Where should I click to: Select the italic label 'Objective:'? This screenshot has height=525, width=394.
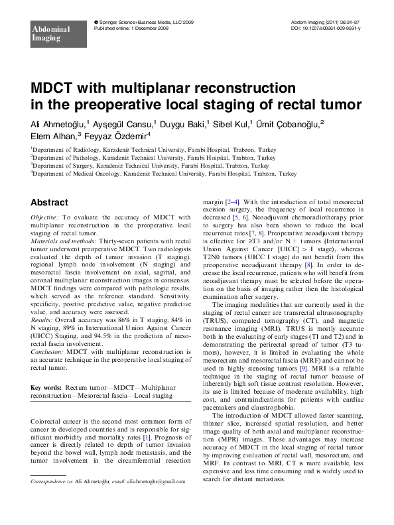coord(46,217)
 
